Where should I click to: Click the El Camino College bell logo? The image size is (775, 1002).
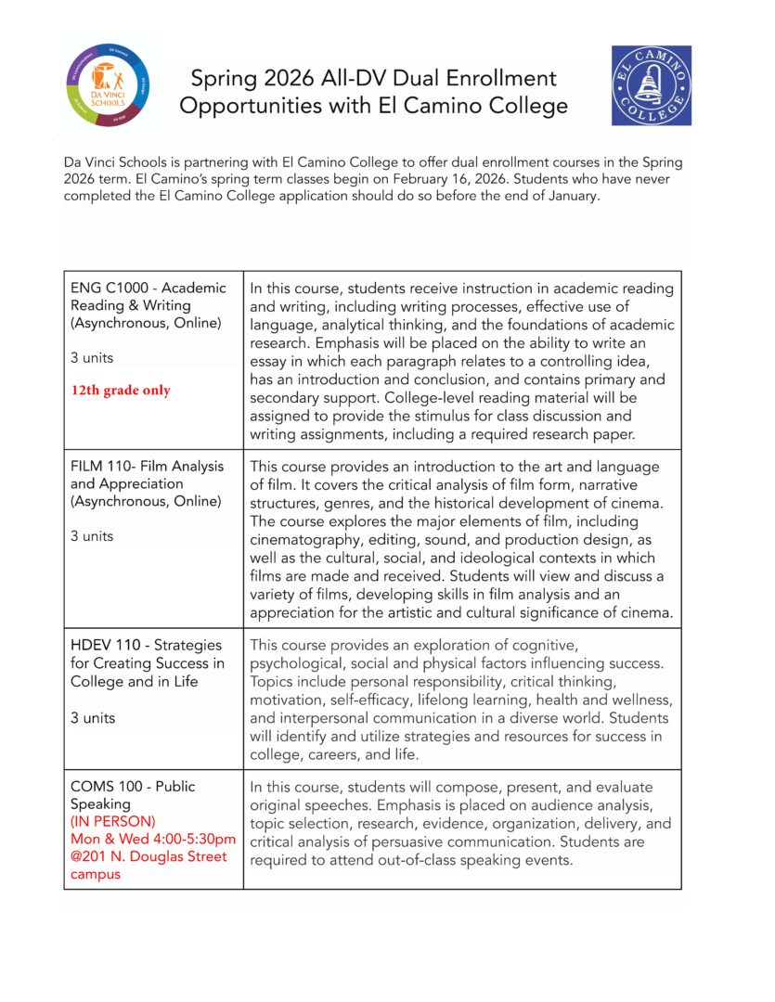coord(651,85)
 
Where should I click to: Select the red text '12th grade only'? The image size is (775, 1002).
coord(121,391)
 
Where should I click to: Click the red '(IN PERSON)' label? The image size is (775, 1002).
coord(112,821)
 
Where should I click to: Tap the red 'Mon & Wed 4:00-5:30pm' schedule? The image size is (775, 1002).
coord(153,839)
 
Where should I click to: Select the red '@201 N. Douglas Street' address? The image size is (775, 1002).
coord(149,856)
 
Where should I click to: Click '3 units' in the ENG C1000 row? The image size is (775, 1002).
coord(92,356)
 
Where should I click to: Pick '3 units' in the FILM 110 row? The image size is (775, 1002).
coord(92,535)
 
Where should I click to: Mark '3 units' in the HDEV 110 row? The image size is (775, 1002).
coord(92,717)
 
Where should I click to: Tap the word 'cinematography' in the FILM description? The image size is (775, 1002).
coord(305,539)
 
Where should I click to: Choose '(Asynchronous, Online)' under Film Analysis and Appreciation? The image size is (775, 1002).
coord(147,501)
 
